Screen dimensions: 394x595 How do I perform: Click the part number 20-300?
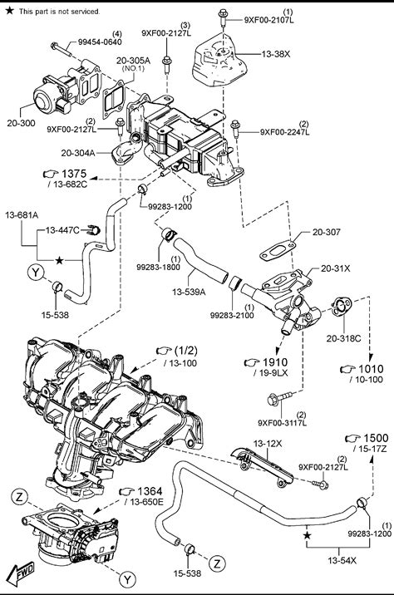tap(21, 123)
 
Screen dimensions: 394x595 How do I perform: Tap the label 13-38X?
tap(276, 54)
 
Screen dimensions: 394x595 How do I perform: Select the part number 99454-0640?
tap(100, 42)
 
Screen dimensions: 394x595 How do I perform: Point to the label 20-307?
tap(327, 232)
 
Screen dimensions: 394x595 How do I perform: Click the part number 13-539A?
tap(189, 292)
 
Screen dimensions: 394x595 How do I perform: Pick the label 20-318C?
tap(343, 338)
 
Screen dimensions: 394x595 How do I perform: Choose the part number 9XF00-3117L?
tap(282, 423)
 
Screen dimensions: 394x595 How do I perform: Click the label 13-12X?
tap(268, 443)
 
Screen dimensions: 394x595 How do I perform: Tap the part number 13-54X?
tap(342, 560)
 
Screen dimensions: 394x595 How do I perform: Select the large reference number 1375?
tap(74, 174)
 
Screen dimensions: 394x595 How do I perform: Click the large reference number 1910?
tap(275, 362)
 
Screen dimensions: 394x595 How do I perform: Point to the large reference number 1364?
tap(150, 491)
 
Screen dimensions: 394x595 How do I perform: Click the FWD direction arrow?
tap(21, 573)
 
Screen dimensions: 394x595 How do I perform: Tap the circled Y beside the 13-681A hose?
tap(36, 272)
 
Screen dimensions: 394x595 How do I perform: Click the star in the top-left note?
tap(9, 11)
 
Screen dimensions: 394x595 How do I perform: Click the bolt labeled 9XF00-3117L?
tap(279, 398)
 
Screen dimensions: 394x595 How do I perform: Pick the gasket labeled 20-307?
tap(277, 251)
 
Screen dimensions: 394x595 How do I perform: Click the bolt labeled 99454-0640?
tap(62, 48)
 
